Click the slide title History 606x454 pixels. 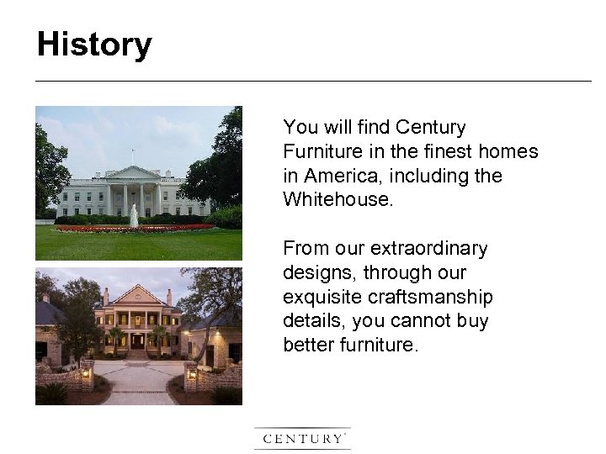point(94,45)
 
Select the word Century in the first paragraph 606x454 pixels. point(430,128)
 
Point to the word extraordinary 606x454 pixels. point(429,249)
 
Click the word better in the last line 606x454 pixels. point(308,346)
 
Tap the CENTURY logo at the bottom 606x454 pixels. point(302,438)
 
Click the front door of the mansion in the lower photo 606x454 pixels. point(137,341)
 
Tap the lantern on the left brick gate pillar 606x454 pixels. point(86,371)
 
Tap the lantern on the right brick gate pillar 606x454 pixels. point(193,371)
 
